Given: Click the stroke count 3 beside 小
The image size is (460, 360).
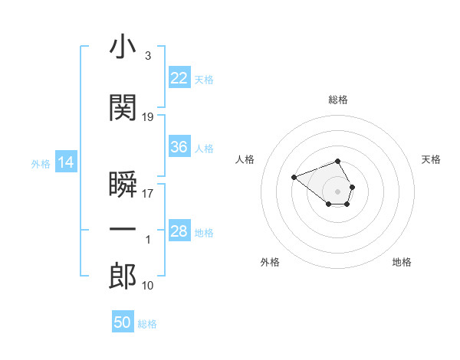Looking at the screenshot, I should point(147,56).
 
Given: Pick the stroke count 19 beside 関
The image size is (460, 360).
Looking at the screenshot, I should point(148,117).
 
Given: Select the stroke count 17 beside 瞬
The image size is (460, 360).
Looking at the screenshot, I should point(148,194).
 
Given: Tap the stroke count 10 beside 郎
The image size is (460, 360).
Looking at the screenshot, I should point(148,286).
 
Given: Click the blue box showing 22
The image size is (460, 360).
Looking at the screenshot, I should point(179,78).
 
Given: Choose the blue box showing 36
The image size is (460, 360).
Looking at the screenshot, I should point(179,147).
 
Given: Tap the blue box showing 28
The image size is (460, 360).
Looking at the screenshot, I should point(179,231).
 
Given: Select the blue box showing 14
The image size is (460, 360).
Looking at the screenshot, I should point(66,162).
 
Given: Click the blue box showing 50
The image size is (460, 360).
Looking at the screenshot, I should point(123,322).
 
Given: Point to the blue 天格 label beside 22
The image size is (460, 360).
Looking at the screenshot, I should point(204,79).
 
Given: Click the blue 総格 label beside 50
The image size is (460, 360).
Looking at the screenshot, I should point(147,324).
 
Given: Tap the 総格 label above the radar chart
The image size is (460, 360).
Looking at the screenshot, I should point(338,100).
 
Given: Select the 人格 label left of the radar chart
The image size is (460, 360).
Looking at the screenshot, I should point(245,159).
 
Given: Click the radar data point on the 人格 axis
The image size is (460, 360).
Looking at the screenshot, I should point(294,177).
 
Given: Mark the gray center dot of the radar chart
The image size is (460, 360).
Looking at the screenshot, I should point(338,191).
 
